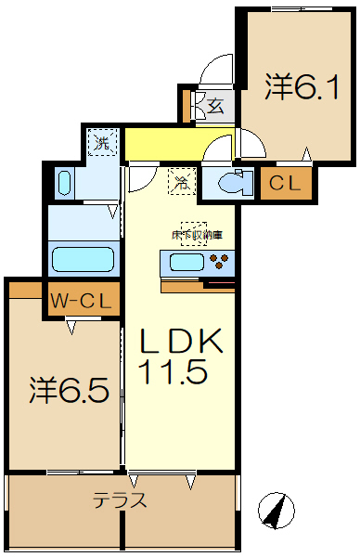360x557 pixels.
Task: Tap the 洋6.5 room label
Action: [64, 389]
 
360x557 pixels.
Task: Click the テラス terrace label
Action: [120, 501]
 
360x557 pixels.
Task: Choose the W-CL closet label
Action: [82, 301]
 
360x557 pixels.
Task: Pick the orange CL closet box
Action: [285, 183]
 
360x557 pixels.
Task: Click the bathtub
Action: [82, 257]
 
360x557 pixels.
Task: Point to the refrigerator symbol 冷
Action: [182, 183]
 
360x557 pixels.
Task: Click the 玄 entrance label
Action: [214, 106]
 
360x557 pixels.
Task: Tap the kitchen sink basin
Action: [186, 263]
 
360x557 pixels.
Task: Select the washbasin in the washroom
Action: [64, 182]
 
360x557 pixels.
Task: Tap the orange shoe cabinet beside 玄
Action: [186, 105]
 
